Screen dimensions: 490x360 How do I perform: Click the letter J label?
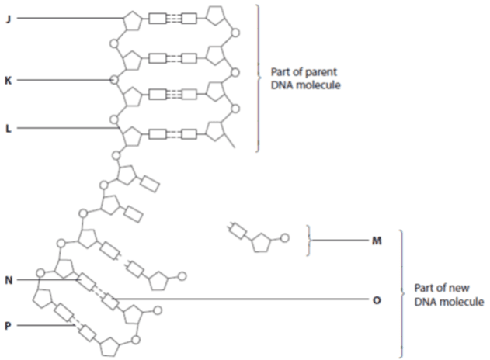pos(9,19)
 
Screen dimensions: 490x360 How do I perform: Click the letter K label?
pos(8,81)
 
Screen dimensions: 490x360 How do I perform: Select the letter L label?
pos(9,128)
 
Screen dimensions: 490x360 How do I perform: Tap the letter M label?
pos(377,241)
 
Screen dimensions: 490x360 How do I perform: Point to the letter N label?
pos(9,280)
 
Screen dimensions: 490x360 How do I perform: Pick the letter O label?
pos(377,300)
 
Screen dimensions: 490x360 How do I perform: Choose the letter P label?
pos(8,326)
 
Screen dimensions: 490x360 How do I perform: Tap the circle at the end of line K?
pos(114,80)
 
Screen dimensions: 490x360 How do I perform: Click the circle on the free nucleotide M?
pos(284,238)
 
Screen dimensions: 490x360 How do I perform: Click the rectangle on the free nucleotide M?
pos(238,230)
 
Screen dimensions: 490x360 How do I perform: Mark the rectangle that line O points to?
pos(110,301)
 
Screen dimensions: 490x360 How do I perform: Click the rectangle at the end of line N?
pos(86,282)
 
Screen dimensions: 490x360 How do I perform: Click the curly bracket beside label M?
pos(308,241)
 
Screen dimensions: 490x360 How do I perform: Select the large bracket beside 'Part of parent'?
pos(258,78)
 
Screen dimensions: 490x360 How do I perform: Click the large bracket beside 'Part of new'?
pos(401,293)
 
